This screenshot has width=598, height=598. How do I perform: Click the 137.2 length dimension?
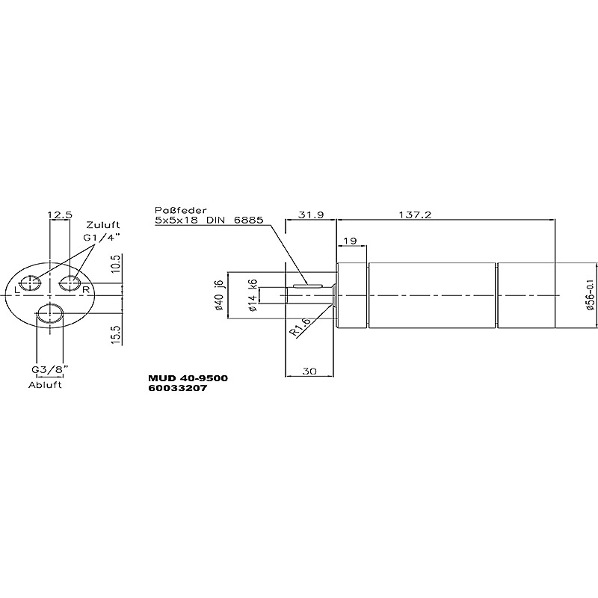[x=415, y=215]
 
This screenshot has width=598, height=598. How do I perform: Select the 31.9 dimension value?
[x=311, y=215]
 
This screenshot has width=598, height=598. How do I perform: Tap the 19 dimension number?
[x=350, y=241]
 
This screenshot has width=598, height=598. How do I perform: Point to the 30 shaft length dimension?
[x=309, y=371]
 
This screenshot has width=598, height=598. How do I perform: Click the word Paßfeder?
[x=180, y=210]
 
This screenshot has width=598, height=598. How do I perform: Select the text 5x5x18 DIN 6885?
[x=209, y=220]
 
